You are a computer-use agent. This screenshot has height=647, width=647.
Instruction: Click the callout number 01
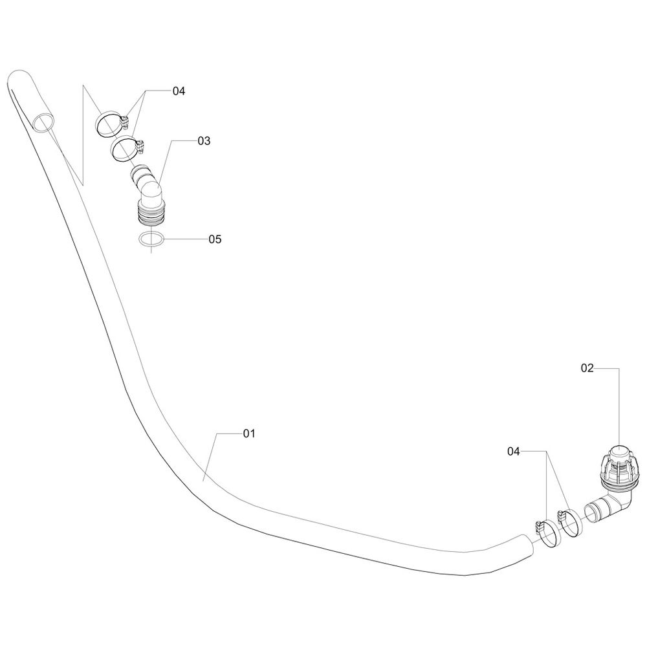pyautogui.click(x=249, y=433)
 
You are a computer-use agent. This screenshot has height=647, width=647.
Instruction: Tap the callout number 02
pyautogui.click(x=587, y=367)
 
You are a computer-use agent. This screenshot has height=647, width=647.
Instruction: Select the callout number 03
pyautogui.click(x=204, y=141)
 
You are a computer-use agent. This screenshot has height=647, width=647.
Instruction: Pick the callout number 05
pyautogui.click(x=215, y=239)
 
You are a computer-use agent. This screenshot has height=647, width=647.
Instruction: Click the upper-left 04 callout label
pyautogui.click(x=179, y=91)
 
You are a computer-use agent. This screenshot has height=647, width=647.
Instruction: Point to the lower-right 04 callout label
pyautogui.click(x=513, y=452)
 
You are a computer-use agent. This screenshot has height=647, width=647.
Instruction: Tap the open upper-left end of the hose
pyautogui.click(x=44, y=123)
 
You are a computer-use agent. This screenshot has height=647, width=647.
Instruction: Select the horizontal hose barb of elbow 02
pyautogui.click(x=597, y=510)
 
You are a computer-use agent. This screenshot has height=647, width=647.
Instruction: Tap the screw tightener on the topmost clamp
pyautogui.click(x=126, y=122)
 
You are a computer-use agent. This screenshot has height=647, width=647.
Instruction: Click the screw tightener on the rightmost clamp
pyautogui.click(x=561, y=516)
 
